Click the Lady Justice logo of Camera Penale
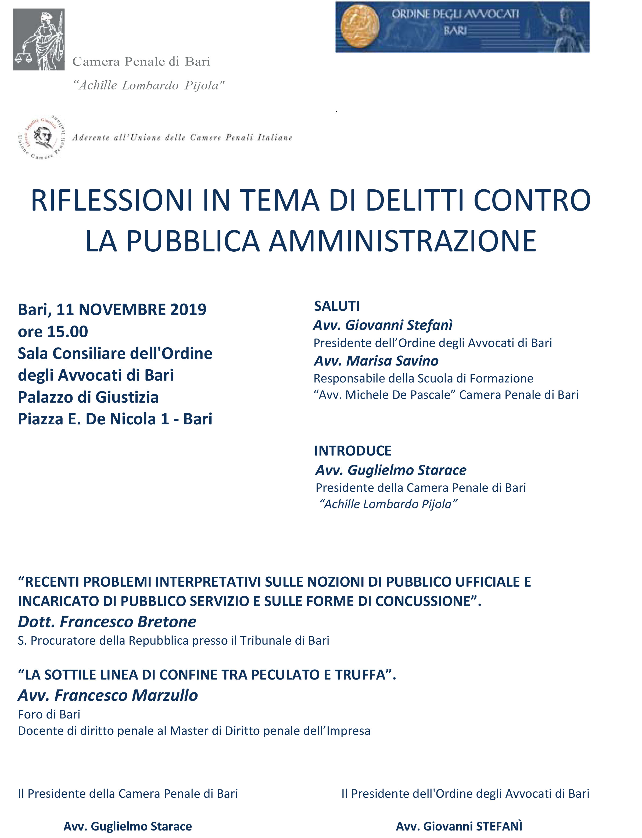39,39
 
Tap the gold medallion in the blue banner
360,27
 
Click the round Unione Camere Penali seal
42,138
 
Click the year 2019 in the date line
188,309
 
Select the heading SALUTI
337,306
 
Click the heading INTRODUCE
353,451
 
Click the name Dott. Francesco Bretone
107,622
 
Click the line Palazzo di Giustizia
88,397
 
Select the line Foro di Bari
49,714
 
